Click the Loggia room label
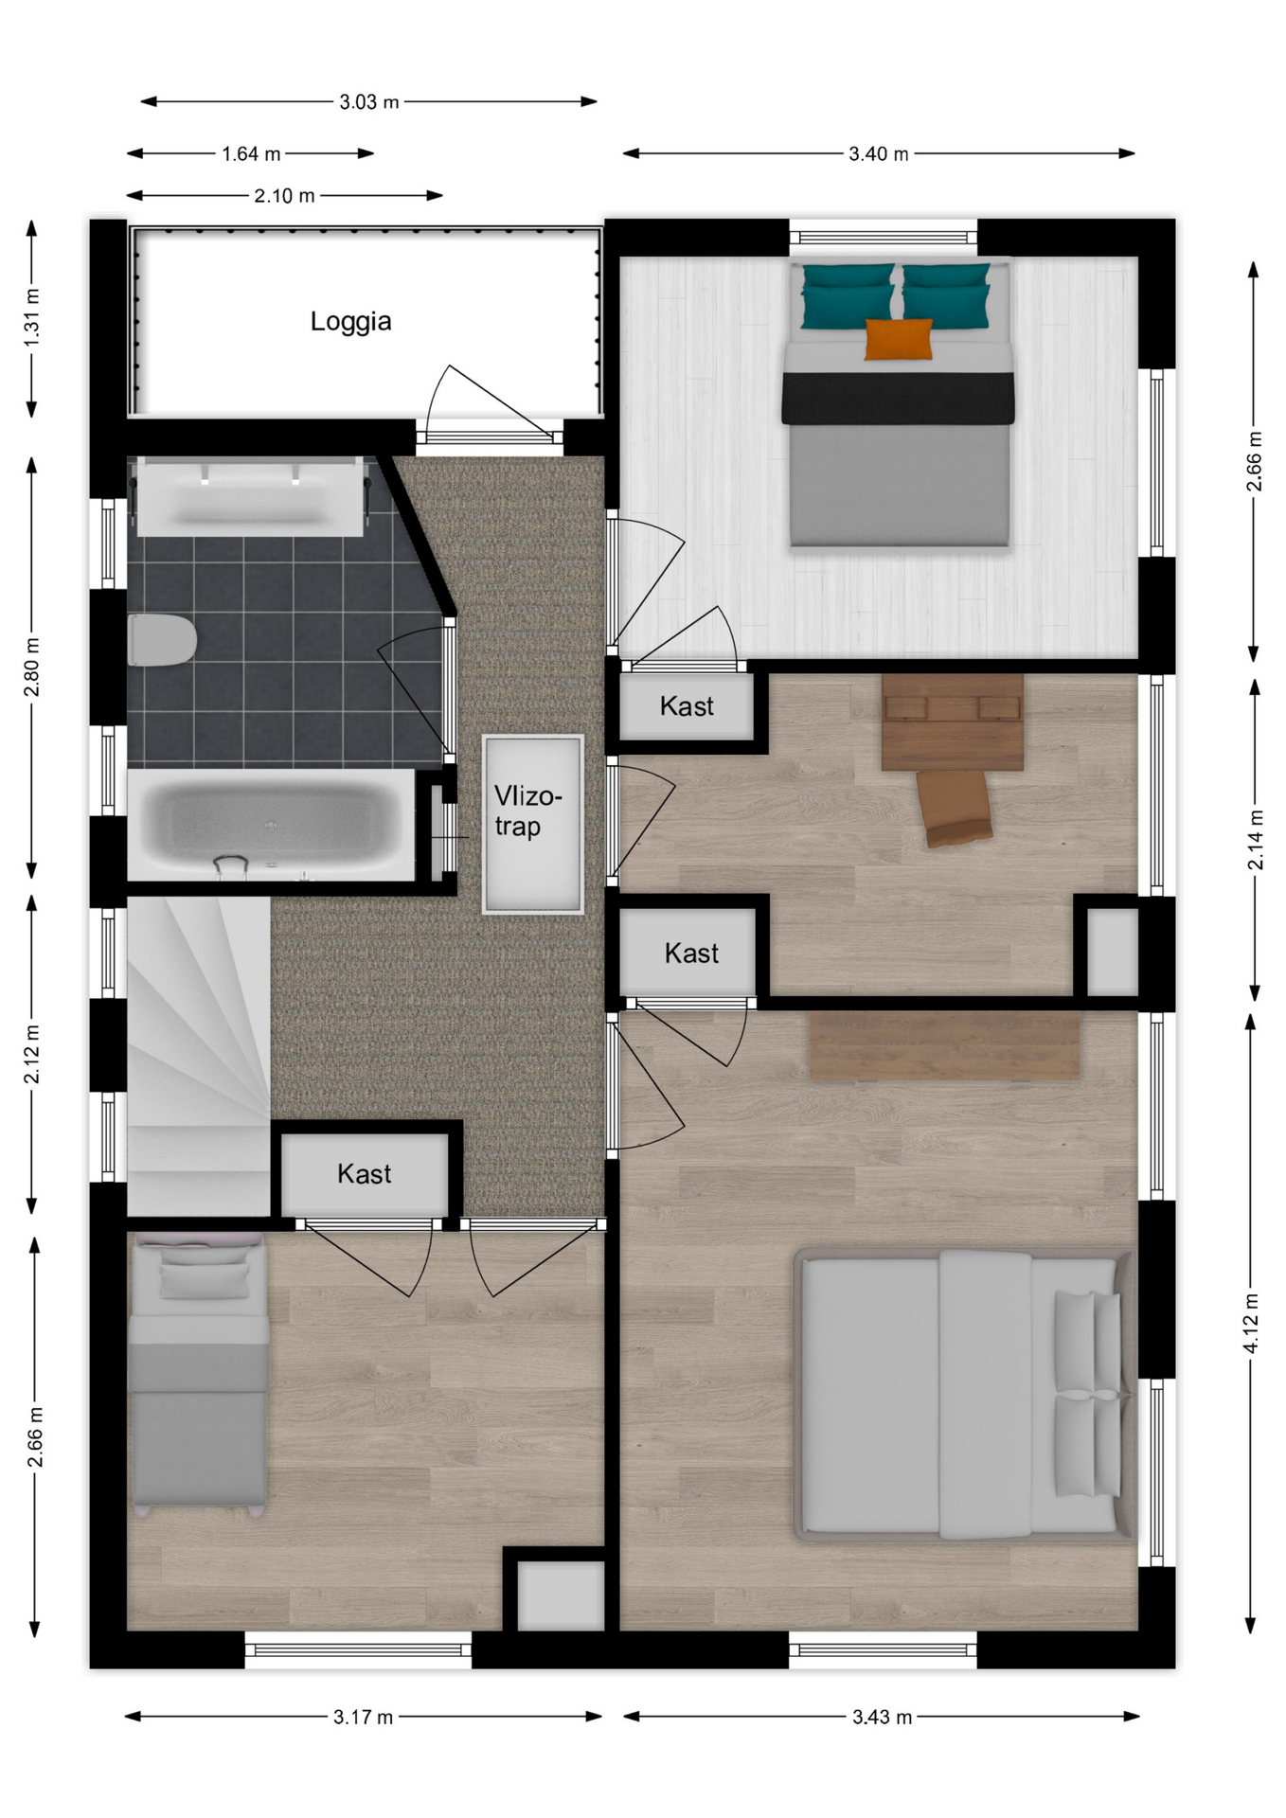pos(350,321)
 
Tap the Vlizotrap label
pos(527,811)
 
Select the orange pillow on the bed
pos(898,339)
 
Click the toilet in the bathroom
pos(161,639)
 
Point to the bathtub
pos(271,825)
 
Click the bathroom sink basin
pos(250,495)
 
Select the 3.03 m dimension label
pos(369,101)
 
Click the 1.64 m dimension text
pos(251,153)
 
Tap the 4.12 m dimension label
pos(1252,1323)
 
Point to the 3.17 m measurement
pos(363,1717)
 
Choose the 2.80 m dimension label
pos(32,667)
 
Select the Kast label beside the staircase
pos(364,1174)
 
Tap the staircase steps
pos(199,1056)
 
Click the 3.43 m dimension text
pos(882,1717)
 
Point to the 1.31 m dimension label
pos(32,316)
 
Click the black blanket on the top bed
pos(898,398)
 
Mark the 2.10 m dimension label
pos(284,196)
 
